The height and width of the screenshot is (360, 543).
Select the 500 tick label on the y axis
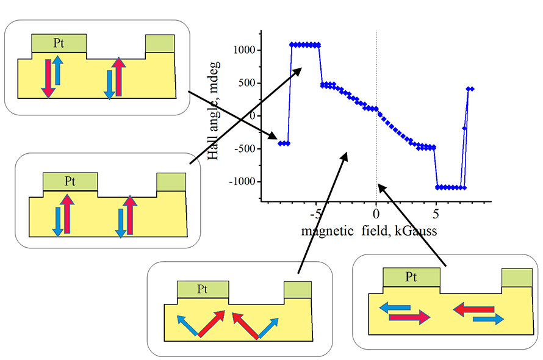pyautogui.click(x=246, y=83)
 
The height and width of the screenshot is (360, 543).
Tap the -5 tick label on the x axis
pyautogui.click(x=315, y=214)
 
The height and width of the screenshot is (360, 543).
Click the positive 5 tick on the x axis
pyautogui.click(x=436, y=214)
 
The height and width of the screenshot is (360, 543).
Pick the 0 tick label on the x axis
pyautogui.click(x=376, y=214)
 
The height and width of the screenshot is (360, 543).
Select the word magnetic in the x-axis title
pyautogui.click(x=327, y=231)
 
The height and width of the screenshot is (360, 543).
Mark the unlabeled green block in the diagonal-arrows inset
pyautogui.click(x=297, y=290)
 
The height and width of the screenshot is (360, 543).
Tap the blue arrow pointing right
pyautogui.click(x=489, y=318)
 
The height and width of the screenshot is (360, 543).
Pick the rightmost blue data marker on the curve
pyautogui.click(x=472, y=89)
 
